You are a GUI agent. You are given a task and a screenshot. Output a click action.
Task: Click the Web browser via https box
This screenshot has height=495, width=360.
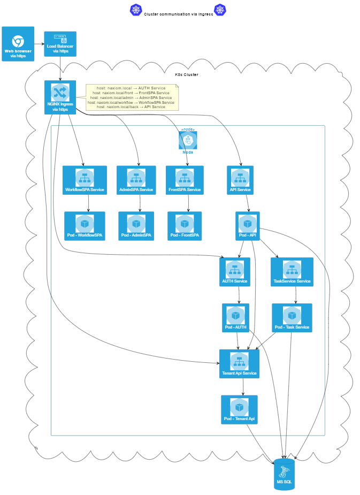(18, 44)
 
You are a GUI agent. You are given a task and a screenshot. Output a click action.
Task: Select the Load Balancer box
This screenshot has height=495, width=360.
(60, 44)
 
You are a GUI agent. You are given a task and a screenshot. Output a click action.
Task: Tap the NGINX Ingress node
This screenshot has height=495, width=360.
(60, 97)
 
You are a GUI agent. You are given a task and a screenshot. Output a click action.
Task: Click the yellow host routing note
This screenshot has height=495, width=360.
(132, 97)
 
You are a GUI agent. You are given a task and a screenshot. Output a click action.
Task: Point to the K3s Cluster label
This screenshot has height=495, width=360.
(187, 74)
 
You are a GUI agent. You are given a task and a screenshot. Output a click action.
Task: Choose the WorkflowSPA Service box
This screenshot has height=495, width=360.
(85, 180)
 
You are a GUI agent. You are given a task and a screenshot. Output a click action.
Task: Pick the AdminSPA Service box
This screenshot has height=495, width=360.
(136, 180)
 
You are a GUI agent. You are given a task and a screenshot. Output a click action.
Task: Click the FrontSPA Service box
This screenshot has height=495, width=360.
(185, 180)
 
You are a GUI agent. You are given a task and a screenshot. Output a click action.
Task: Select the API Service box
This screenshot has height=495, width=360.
(240, 180)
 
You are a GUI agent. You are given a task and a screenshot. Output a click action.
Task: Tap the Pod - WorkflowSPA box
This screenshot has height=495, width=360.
(85, 226)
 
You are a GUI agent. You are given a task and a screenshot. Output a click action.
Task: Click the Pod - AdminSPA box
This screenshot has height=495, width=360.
(136, 226)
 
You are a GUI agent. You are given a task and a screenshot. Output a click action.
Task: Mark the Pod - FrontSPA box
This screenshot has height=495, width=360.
(185, 226)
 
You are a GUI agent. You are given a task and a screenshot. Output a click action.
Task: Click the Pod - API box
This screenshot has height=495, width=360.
(248, 226)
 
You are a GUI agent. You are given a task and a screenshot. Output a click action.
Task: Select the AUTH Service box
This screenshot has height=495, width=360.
(235, 272)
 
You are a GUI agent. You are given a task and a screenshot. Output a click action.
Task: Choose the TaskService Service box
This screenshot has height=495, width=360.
(292, 272)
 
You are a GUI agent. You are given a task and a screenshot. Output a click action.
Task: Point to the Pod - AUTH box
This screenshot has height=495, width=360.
(235, 318)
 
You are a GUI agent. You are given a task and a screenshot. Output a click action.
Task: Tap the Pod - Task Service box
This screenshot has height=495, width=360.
(292, 318)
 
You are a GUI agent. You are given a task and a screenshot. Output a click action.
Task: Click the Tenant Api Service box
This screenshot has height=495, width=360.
(239, 363)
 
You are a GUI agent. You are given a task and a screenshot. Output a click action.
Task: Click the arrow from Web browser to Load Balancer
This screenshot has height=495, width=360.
(39, 44)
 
